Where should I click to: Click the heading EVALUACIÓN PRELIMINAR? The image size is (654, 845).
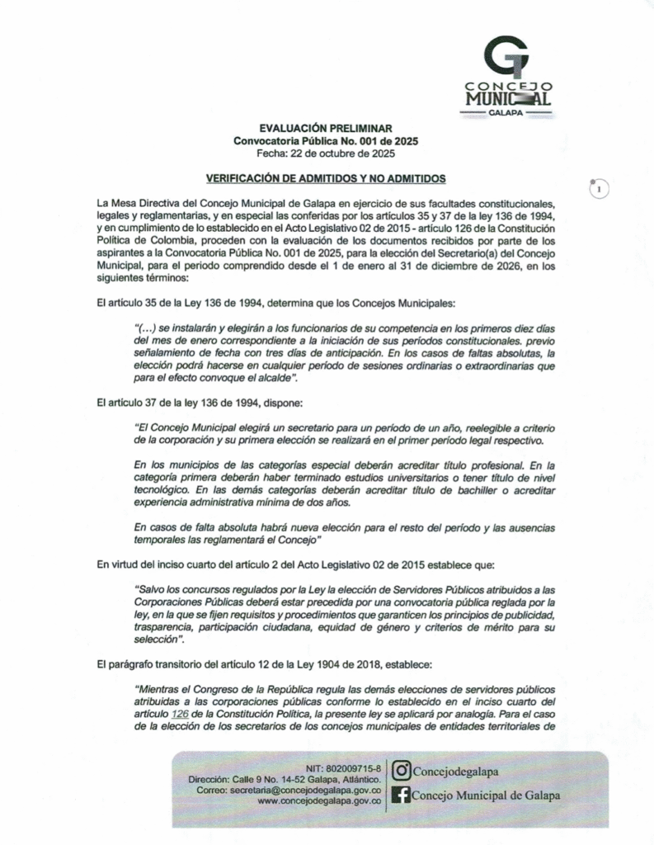[325, 129]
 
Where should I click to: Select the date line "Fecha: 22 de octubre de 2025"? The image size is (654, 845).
[325, 153]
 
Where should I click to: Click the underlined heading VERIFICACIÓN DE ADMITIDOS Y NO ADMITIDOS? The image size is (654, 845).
[325, 177]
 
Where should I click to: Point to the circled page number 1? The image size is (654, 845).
[599, 189]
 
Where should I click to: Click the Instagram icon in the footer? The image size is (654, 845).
[402, 772]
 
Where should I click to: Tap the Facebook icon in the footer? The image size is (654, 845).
[402, 795]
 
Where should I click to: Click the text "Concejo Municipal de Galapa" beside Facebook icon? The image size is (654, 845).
[484, 795]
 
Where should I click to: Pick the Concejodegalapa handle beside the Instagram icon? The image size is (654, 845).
[456, 772]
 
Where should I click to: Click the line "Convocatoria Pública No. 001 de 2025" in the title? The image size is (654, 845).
[325, 141]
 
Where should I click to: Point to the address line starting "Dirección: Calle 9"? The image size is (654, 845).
[284, 779]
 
